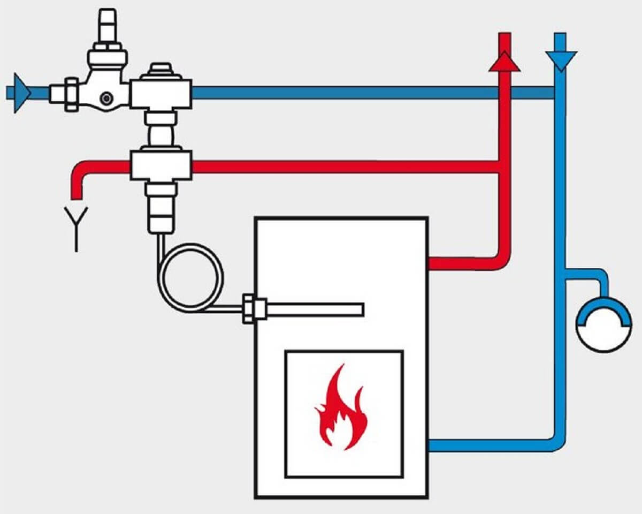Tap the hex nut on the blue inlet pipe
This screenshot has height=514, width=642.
72,94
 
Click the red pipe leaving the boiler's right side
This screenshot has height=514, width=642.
460,263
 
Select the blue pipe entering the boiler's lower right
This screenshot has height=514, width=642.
481,445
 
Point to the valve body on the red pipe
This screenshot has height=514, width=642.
160,167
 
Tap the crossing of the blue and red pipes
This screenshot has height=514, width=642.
505,93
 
